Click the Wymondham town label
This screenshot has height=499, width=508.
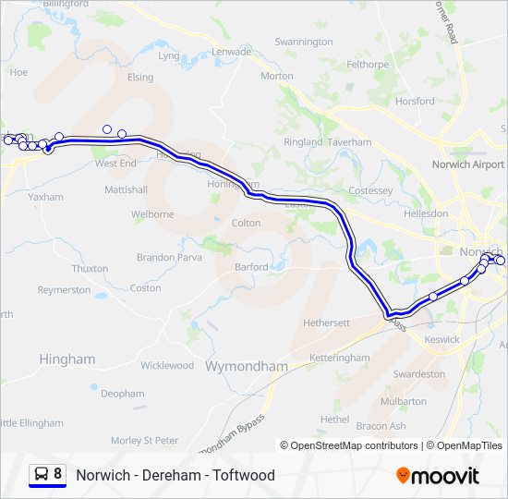(246, 366)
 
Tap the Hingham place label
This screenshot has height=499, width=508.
(67, 359)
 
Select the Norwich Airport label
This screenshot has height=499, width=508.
(468, 164)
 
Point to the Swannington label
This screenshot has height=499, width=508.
(304, 42)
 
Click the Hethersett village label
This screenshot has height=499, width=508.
(327, 323)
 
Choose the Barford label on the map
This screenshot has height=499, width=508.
(251, 267)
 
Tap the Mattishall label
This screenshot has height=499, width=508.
(126, 189)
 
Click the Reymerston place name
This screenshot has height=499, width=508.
(64, 290)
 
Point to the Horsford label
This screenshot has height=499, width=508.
(414, 101)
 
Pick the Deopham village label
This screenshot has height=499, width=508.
(123, 394)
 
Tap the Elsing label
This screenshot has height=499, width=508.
(140, 78)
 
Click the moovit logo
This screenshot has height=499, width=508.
(438, 475)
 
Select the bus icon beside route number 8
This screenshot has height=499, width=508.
(42, 474)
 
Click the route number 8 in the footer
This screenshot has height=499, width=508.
(58, 474)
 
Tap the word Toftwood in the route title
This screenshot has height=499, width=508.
(244, 475)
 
